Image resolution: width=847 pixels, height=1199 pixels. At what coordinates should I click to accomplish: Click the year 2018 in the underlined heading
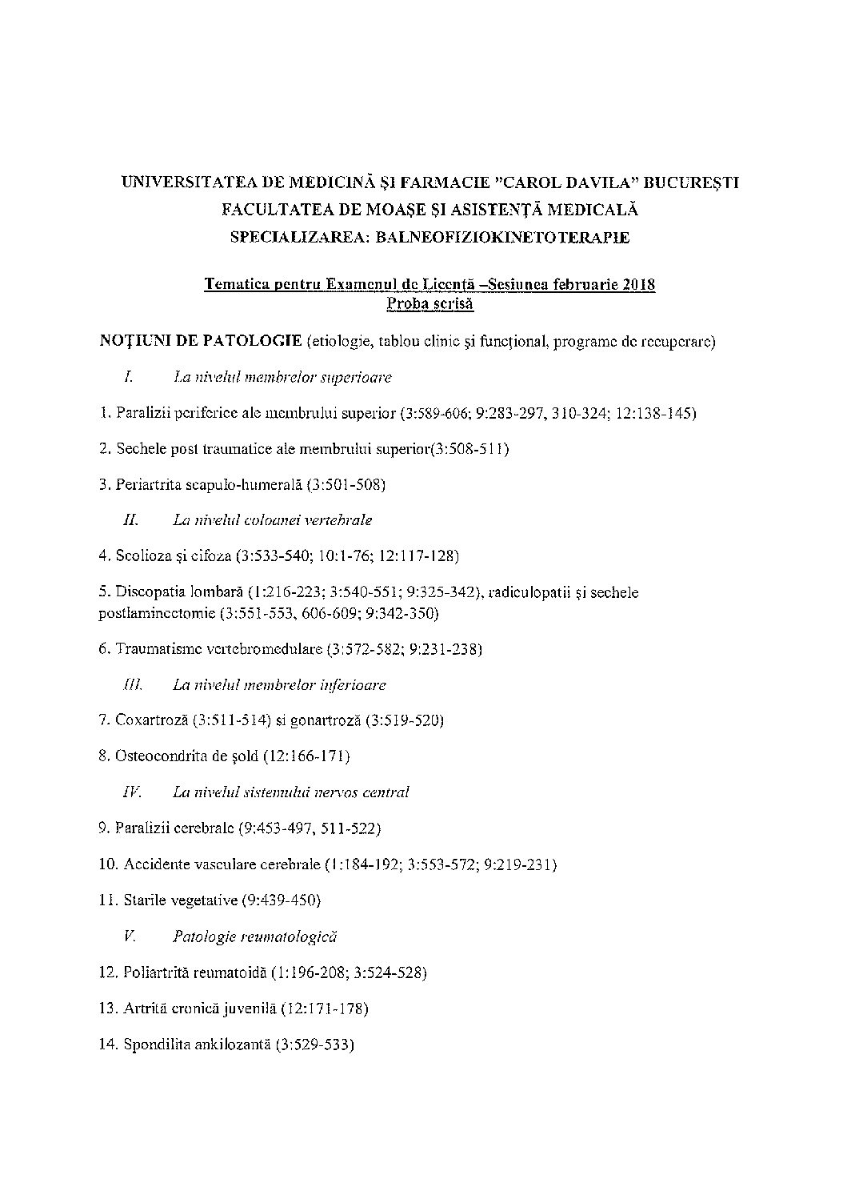tap(638, 285)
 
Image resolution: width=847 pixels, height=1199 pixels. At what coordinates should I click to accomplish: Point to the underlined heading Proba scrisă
tap(430, 303)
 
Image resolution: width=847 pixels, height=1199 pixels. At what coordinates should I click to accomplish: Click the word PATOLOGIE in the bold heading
tap(254, 343)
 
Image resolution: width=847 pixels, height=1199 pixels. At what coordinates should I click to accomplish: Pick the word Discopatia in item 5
tap(151, 593)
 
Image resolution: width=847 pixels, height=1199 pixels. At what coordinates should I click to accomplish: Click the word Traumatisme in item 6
tap(158, 649)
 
